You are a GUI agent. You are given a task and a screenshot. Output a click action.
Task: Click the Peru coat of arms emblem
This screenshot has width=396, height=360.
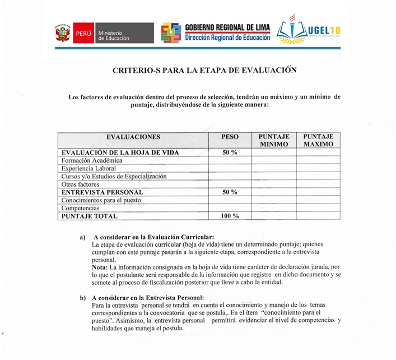point(62,33)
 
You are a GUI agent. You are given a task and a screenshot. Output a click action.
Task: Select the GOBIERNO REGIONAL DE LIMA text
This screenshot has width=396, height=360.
point(227,28)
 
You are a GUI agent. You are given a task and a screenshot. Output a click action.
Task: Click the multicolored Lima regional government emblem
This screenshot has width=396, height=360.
point(171,33)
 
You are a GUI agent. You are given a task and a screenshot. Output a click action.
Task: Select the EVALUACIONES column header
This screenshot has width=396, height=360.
point(133,137)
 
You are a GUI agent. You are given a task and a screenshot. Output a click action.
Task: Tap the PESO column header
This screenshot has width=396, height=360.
point(230,137)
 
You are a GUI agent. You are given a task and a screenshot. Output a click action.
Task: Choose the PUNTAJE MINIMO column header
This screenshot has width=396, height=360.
point(273,140)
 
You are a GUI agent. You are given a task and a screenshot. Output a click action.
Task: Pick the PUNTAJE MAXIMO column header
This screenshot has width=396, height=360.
point(318,140)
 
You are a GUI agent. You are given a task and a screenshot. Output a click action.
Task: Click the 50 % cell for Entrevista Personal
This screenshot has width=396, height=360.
point(230,192)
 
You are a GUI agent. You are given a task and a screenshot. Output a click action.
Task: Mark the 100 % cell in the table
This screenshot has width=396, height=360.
point(230,216)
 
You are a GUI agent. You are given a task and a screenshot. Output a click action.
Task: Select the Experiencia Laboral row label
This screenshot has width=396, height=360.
point(88,168)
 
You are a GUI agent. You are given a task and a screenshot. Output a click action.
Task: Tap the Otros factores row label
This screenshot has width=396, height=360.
point(80,184)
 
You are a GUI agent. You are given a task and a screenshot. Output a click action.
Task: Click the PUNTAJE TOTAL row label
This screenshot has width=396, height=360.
point(90,216)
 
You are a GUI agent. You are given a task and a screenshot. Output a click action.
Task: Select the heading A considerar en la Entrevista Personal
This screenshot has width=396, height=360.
point(148,297)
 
